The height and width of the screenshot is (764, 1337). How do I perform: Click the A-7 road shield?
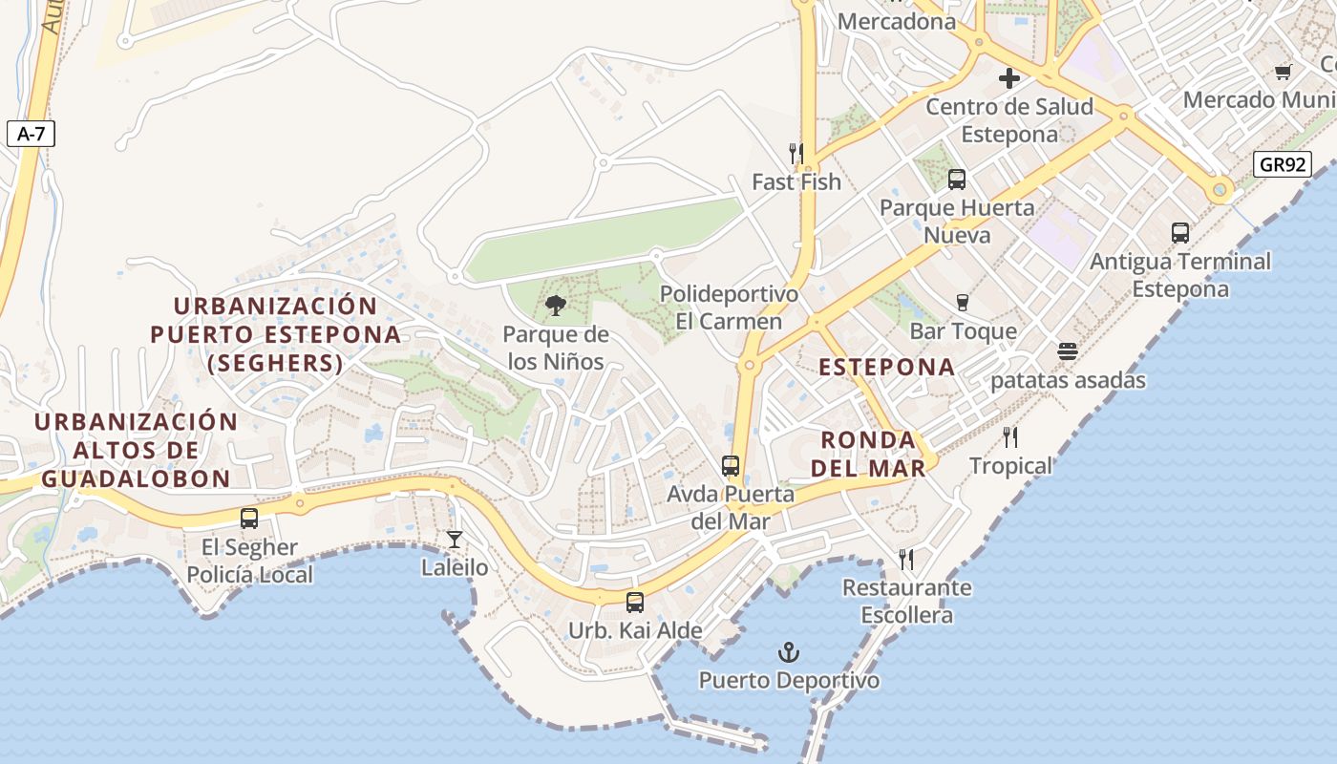coord(31,134)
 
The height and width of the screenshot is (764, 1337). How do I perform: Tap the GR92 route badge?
coord(1282,164)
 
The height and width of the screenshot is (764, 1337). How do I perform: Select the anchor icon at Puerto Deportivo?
coord(789,653)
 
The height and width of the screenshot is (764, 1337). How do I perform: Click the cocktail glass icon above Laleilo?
coord(455,540)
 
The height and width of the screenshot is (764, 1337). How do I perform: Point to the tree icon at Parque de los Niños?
coord(555,306)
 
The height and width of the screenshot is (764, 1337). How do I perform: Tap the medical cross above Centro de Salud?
coord(1009,78)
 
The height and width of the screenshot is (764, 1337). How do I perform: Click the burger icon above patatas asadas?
coord(1068,351)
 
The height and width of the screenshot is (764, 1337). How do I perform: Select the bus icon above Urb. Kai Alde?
coord(635,603)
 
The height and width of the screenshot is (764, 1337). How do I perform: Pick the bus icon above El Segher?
coord(249,519)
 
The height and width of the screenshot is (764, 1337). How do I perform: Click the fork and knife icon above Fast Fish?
coord(796,153)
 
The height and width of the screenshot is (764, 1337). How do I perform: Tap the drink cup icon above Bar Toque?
coord(963,303)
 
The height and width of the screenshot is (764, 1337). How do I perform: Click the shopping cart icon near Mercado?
coord(1284,72)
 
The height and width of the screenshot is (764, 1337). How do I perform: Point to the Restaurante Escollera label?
coord(906,602)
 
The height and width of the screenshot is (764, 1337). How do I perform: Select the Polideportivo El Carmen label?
coord(729,308)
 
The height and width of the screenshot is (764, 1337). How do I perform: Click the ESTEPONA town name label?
coord(886,367)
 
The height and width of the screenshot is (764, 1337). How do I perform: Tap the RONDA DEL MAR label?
coord(873,454)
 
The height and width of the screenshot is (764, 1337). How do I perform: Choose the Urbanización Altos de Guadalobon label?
coord(136,450)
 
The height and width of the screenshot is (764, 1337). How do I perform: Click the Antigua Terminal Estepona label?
coord(1180,275)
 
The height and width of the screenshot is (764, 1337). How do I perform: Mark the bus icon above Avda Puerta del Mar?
coord(731,466)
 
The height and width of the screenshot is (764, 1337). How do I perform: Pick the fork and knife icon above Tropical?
coord(1010,437)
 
